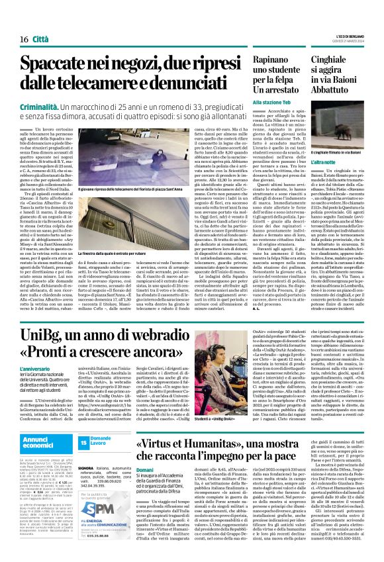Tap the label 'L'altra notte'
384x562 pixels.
pyautogui.click(x=324, y=162)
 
